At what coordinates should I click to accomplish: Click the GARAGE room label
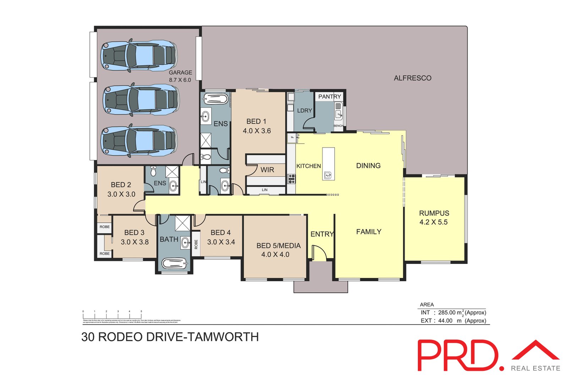[x=180, y=73]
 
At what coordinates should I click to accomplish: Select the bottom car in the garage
[x=139, y=141]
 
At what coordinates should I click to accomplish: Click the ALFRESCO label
[x=413, y=78]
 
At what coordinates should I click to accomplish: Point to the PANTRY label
[x=329, y=97]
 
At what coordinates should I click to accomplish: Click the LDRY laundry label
[x=304, y=111]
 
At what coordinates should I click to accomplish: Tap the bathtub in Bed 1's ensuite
[x=214, y=99]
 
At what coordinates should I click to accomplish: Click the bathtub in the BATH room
[x=174, y=263]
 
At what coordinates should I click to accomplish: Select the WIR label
[x=267, y=170]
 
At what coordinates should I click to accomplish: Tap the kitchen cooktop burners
[x=291, y=179]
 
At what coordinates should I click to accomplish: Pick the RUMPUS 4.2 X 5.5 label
[x=434, y=218]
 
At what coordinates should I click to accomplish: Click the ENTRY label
[x=322, y=234]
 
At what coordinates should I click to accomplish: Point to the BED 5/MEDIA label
[x=278, y=246]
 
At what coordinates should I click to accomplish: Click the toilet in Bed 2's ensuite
[x=153, y=171]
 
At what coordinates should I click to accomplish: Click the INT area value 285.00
[x=447, y=313]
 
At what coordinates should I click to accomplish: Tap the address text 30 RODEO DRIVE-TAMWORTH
[x=170, y=337]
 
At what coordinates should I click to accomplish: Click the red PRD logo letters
[x=458, y=355]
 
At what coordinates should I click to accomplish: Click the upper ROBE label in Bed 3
[x=104, y=227]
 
